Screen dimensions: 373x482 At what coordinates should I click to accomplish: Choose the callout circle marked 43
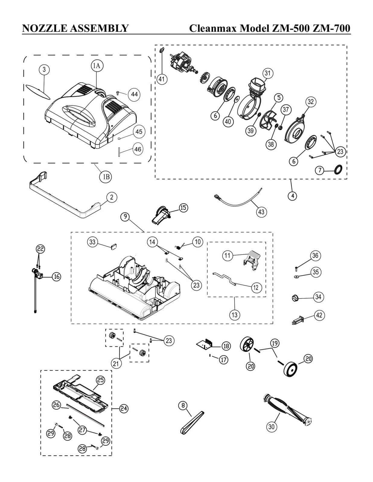point(261,212)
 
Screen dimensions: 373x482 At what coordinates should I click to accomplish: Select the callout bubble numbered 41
point(162,79)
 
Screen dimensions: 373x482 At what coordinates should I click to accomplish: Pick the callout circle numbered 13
point(234,315)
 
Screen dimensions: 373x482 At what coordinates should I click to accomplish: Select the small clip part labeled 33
point(114,246)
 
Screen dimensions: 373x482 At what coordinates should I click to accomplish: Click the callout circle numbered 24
point(123,408)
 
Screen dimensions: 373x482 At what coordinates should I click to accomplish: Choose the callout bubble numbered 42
point(319,315)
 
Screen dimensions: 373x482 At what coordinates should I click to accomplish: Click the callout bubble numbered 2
point(112,197)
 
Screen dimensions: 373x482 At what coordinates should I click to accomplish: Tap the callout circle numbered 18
point(226,346)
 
